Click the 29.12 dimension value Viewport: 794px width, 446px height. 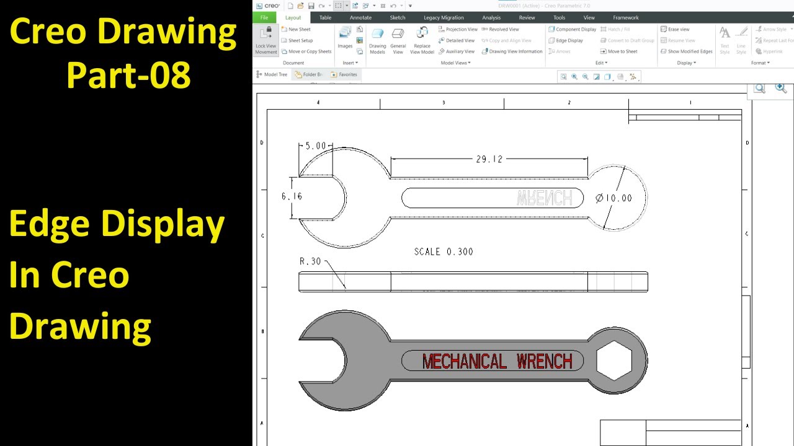point(489,159)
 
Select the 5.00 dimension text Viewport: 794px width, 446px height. point(316,146)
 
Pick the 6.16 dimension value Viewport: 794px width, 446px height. point(292,196)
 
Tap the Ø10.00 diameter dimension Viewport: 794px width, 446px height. point(613,198)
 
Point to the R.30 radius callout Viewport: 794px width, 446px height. point(310,261)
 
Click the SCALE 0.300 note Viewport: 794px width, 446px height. point(444,252)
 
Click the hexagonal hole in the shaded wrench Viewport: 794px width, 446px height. point(614,361)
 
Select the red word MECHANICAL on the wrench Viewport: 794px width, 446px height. point(464,361)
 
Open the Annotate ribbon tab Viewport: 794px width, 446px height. point(360,18)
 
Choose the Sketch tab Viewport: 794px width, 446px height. point(398,18)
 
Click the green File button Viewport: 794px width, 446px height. point(264,18)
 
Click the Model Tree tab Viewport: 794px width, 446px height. point(272,74)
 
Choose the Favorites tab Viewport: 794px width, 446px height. point(344,74)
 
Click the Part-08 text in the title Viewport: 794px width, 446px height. point(128,74)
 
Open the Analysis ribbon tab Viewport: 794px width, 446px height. point(491,18)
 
